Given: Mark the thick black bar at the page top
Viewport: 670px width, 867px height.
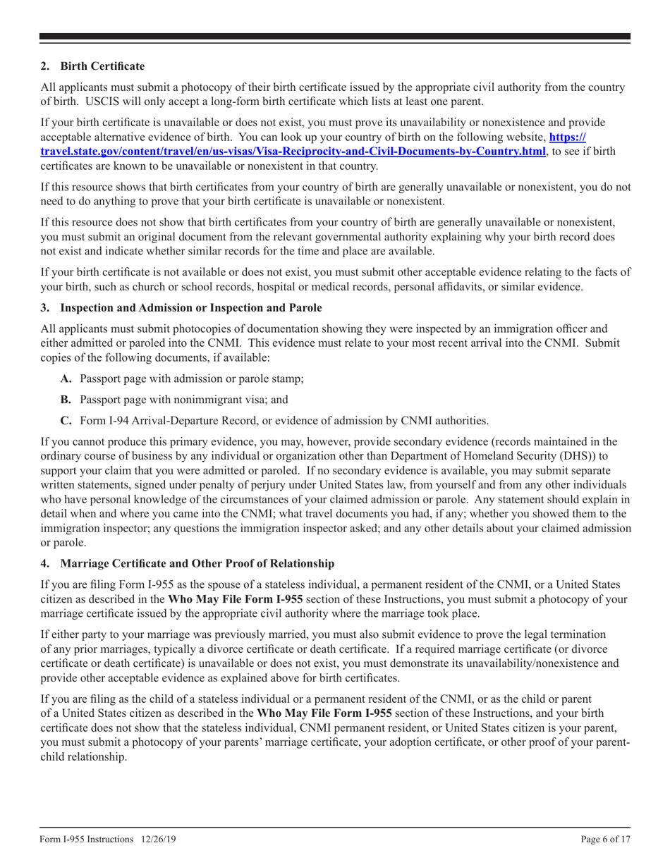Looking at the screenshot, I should pyautogui.click(x=335, y=37).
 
